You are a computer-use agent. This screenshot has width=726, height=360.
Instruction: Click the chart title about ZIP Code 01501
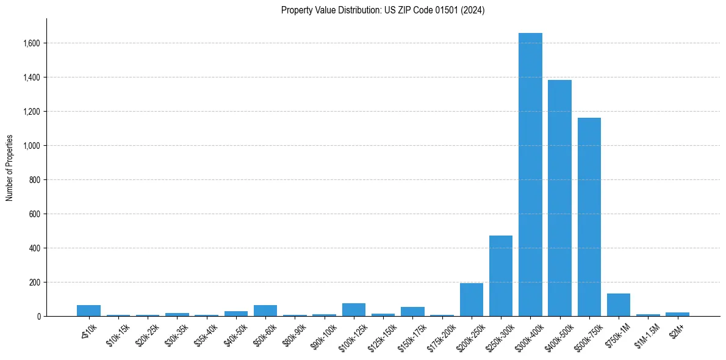383,10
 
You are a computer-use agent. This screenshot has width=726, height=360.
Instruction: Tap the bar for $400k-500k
559,198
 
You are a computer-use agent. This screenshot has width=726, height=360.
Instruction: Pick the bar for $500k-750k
589,217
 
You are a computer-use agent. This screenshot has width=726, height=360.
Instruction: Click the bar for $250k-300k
501,276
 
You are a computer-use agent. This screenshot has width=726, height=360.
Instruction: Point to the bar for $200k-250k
472,300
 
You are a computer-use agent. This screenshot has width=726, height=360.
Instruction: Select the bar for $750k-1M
619,305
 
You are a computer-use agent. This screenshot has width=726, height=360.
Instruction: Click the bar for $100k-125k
354,310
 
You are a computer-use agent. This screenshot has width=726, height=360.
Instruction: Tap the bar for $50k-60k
265,311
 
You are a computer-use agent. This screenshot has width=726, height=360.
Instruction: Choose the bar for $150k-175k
412,312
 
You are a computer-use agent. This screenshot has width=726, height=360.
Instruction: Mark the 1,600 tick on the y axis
32,43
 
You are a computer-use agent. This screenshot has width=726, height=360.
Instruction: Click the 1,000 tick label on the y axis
32,146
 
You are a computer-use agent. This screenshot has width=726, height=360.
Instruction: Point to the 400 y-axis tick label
35,248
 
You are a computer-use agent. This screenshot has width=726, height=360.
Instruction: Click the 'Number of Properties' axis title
10,168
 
